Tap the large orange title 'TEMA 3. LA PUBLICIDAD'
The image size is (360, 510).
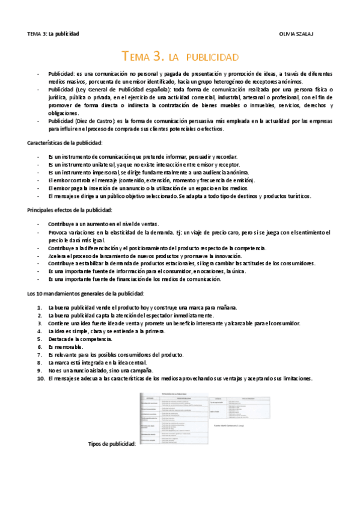(180, 57)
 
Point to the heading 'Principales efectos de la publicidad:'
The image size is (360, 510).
(70, 210)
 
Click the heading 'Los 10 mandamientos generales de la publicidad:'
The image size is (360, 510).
(86, 293)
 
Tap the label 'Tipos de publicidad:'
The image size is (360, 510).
(112, 444)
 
